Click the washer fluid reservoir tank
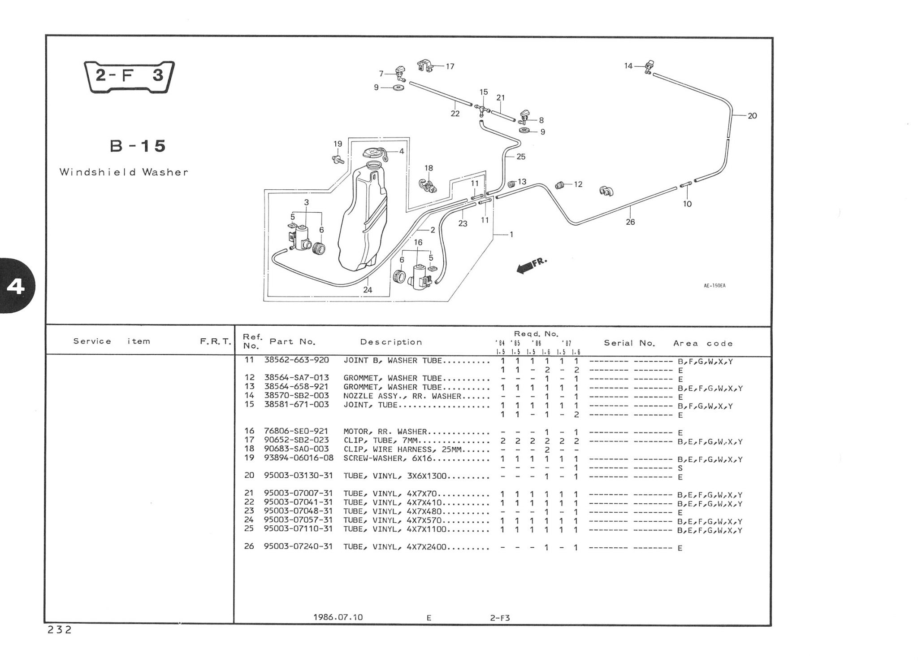click(363, 220)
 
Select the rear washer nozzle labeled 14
click(649, 66)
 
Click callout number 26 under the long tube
click(630, 222)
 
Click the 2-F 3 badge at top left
click(129, 76)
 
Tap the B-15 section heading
click(138, 146)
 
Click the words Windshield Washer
click(124, 172)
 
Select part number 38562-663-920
click(296, 360)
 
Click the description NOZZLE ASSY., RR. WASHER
click(402, 396)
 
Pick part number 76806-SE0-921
click(296, 432)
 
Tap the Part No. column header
click(292, 342)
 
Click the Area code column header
click(703, 344)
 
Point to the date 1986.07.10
click(338, 617)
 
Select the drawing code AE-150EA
click(714, 285)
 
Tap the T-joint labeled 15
click(482, 108)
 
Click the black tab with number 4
click(16, 286)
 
